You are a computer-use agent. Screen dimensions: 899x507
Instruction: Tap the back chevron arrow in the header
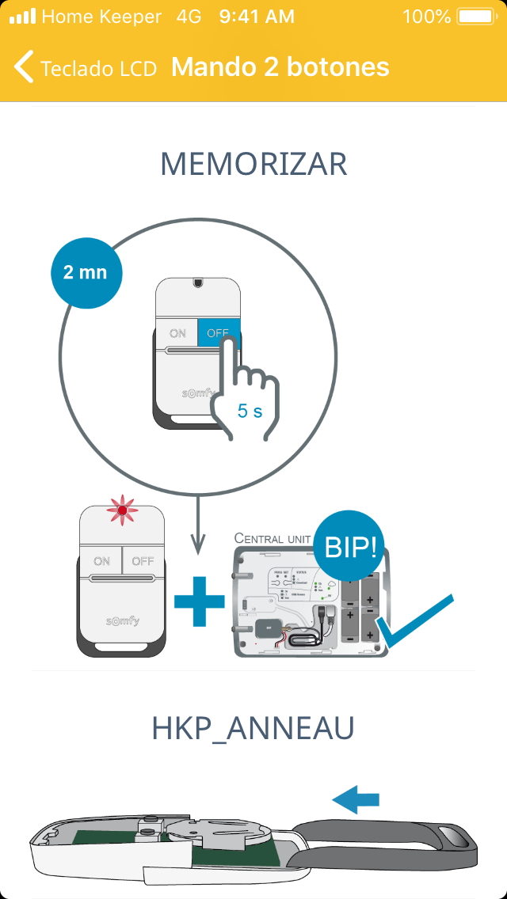pos(24,67)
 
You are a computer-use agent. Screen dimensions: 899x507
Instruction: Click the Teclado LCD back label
pos(98,69)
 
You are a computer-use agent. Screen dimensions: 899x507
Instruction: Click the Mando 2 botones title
pos(280,67)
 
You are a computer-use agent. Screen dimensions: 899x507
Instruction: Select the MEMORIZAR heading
pos(253,165)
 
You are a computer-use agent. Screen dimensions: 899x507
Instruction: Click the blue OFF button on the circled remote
pos(218,333)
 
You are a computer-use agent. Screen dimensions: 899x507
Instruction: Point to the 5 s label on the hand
pos(250,412)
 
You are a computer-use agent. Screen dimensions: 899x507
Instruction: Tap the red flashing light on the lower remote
pos(122,511)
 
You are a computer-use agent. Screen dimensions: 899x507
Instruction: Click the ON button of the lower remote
pos(101,561)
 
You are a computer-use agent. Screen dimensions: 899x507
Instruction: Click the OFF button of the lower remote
pos(143,561)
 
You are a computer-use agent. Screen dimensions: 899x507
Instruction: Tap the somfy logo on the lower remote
pos(122,620)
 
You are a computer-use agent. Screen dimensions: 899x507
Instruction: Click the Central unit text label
pos(273,538)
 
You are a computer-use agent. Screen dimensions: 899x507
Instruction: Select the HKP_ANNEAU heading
pos(253,730)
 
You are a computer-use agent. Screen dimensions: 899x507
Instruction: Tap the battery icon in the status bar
pos(475,17)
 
